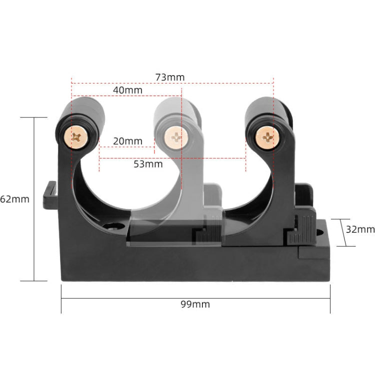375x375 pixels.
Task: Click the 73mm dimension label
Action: point(170,77)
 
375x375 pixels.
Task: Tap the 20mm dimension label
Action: point(127,141)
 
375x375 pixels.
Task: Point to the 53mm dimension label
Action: point(148,164)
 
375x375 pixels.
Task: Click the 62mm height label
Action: point(14,199)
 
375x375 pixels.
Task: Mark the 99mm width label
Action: point(195,304)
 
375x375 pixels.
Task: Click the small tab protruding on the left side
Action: point(50,195)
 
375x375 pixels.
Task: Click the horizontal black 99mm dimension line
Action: point(195,298)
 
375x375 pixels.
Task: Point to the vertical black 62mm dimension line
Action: point(34,199)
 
